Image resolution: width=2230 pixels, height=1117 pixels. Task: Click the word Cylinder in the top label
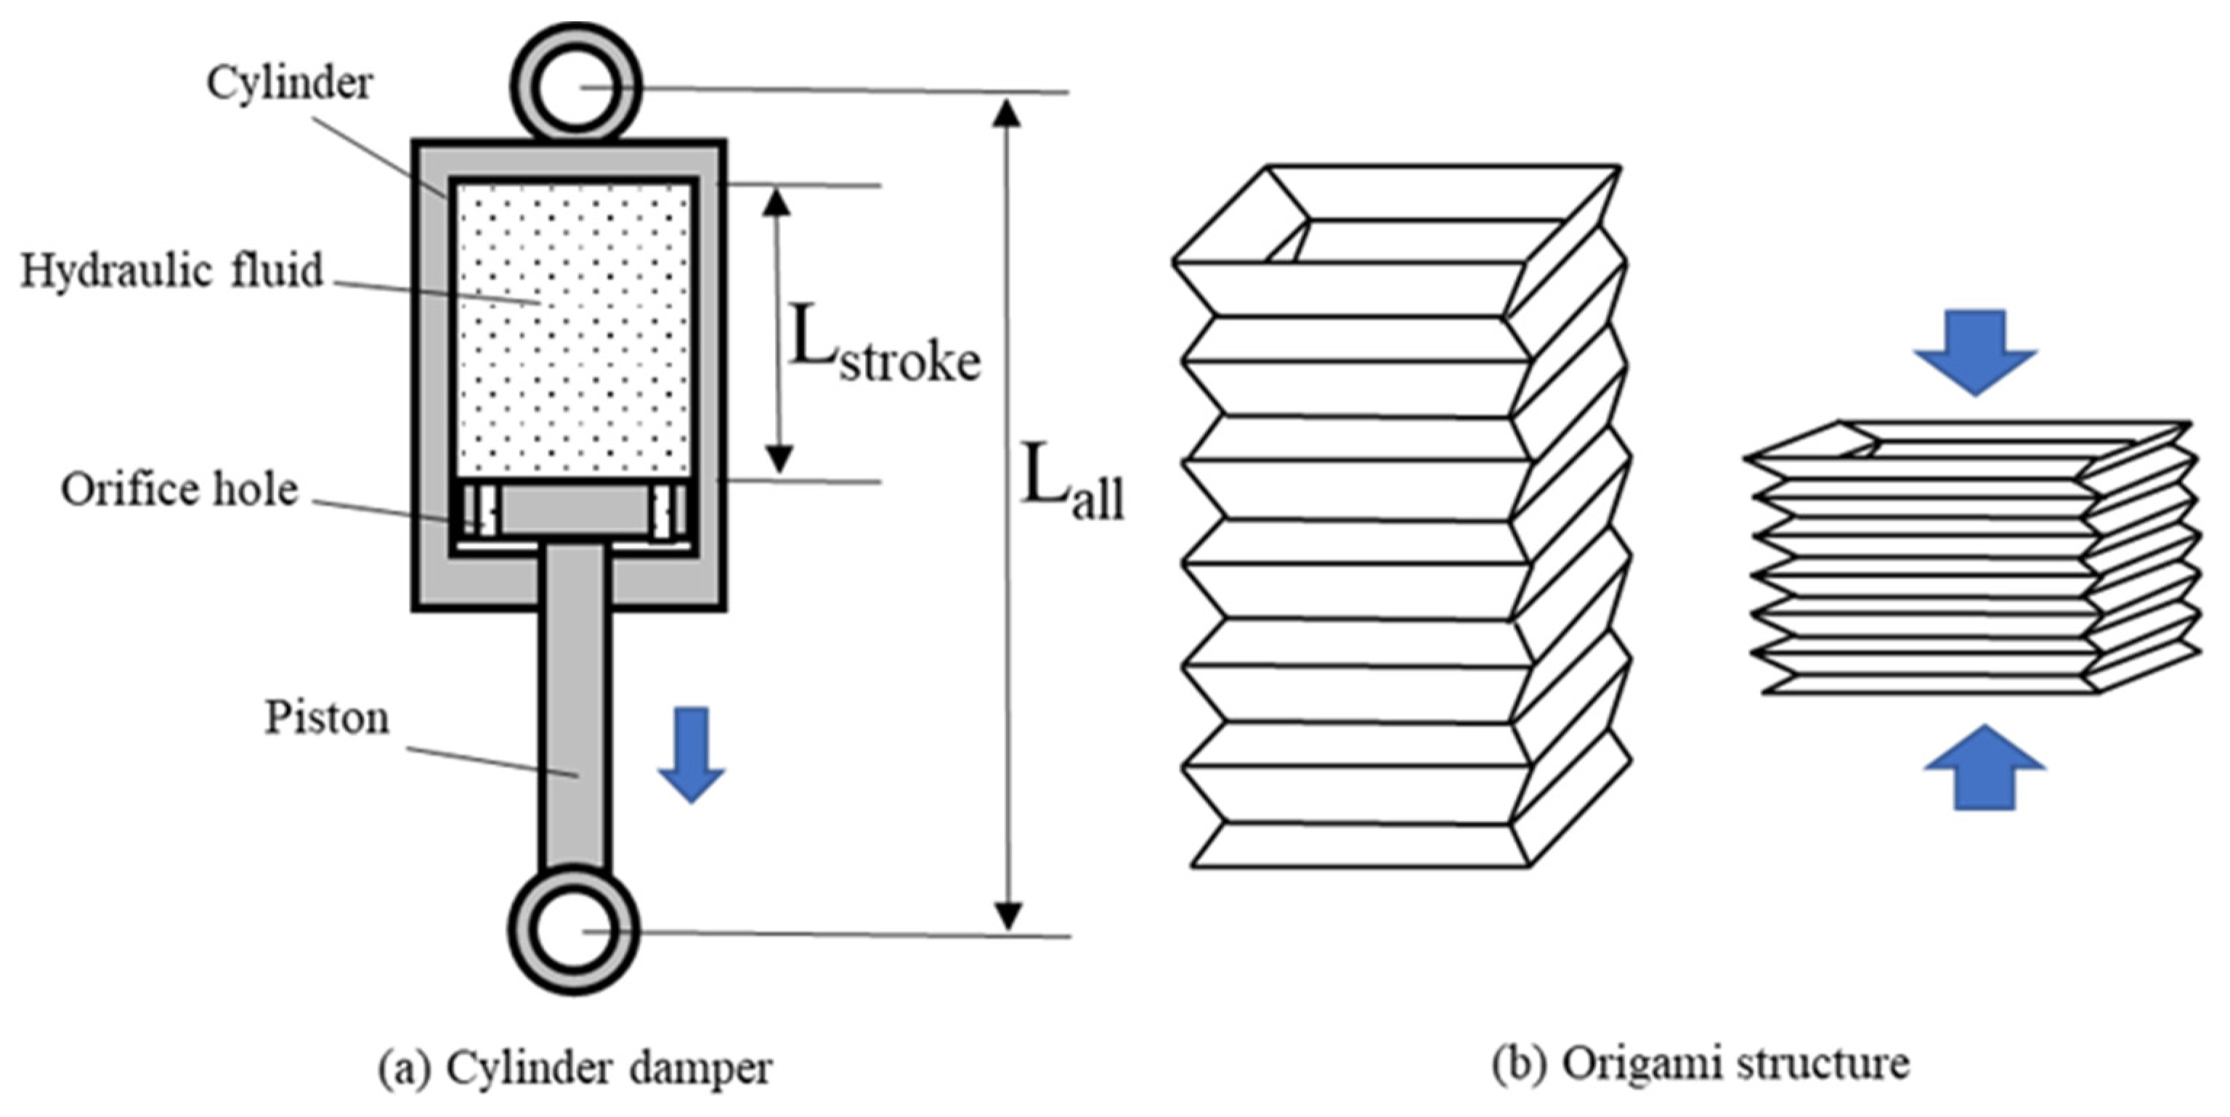click(x=289, y=84)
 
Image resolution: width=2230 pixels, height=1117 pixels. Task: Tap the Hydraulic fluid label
click(x=171, y=271)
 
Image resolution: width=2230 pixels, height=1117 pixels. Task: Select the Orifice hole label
click(x=179, y=490)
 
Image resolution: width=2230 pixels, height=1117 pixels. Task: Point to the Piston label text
click(x=326, y=718)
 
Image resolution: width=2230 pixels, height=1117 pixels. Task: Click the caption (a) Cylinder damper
click(x=575, y=1068)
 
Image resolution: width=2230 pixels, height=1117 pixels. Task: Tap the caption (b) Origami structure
click(x=1700, y=1064)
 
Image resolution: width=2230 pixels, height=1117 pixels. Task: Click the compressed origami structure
click(x=1974, y=558)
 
